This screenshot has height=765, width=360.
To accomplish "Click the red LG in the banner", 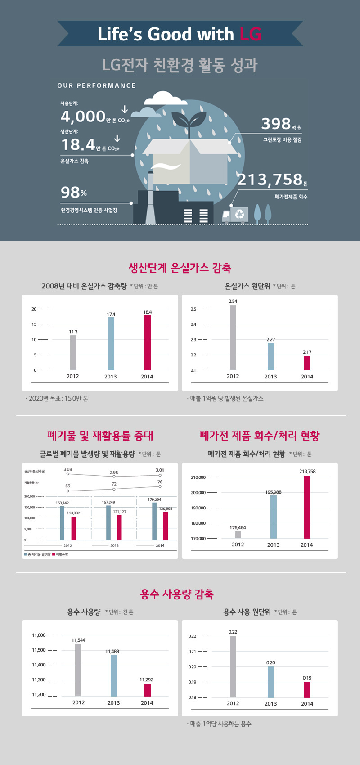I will click(251, 34).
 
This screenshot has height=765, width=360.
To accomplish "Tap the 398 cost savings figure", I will click(276, 124).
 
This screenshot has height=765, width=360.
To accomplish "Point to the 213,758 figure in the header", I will click(270, 180).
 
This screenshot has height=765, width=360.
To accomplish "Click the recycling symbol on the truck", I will click(239, 215).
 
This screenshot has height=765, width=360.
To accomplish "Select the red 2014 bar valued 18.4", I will click(148, 342).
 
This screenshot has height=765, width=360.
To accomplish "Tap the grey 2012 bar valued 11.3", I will click(73, 352).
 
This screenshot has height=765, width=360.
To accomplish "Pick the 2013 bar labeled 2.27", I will click(270, 356).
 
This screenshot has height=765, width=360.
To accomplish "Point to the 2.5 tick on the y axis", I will click(193, 309).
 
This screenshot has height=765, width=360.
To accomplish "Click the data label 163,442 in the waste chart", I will click(62, 503).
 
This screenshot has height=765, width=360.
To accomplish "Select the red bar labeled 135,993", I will click(166, 526).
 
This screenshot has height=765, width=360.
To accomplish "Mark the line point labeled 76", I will click(160, 486).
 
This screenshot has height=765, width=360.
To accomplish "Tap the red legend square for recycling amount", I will click(54, 554).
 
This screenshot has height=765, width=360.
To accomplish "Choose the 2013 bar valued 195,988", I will click(274, 517).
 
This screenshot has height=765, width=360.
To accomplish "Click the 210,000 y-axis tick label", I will click(198, 477).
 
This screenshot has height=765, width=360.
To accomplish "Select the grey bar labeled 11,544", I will click(78, 670).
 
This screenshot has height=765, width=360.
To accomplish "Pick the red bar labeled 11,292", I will click(147, 690).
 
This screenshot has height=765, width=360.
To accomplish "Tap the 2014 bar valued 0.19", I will click(307, 689).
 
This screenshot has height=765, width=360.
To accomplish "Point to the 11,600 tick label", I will click(39, 635).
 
